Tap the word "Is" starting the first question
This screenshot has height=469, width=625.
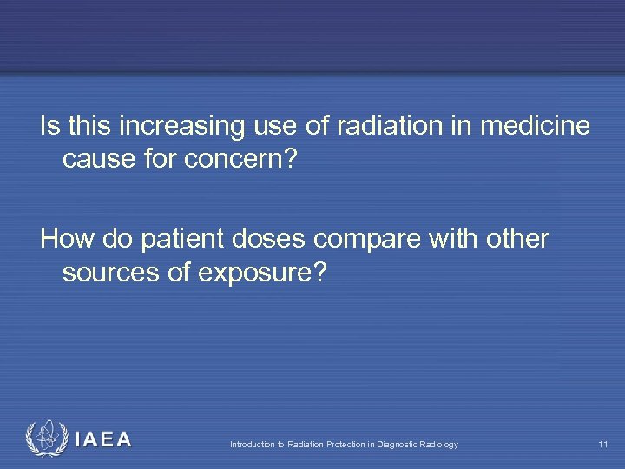49,127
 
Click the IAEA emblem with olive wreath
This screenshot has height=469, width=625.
44,439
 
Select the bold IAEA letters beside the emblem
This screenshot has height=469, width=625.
103,439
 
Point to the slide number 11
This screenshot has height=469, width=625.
602,445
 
